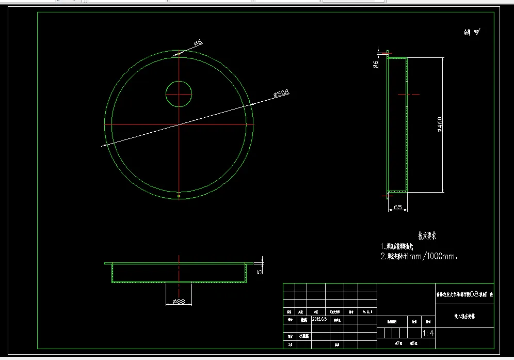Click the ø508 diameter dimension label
[281, 93]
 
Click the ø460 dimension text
[440, 124]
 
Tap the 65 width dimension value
[398, 207]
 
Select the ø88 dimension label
[179, 301]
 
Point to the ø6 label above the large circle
[198, 44]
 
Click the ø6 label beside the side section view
[376, 64]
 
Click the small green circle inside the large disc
[179, 94]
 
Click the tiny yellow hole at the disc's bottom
[179, 196]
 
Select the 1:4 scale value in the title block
[428, 333]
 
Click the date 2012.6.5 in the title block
[319, 319]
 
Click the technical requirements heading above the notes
[427, 236]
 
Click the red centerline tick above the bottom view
[179, 257]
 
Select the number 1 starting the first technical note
[382, 246]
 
